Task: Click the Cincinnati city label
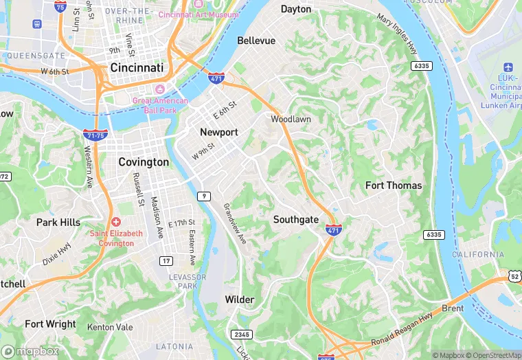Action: (137, 69)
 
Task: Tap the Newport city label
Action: (218, 132)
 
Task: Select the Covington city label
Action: (144, 162)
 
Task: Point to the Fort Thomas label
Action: (394, 185)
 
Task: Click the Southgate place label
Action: (296, 220)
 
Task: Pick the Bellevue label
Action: (256, 41)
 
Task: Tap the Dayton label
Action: (296, 9)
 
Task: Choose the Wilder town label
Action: (240, 300)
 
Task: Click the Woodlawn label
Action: (291, 119)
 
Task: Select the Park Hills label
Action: (58, 223)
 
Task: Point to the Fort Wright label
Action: (50, 324)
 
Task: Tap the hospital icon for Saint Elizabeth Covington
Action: (116, 222)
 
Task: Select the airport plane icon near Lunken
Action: (508, 67)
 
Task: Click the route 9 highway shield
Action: (203, 196)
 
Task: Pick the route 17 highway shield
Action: (166, 260)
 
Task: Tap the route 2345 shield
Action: (241, 334)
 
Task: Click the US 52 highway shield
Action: (514, 275)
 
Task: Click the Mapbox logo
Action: (30, 350)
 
